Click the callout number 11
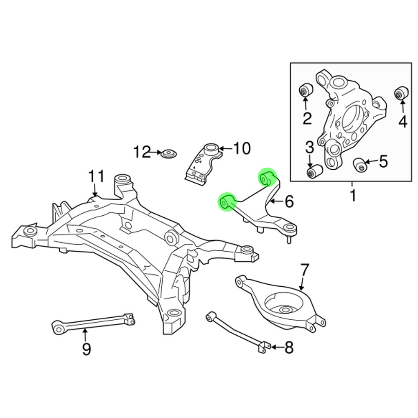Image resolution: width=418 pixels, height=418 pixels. [x=96, y=176]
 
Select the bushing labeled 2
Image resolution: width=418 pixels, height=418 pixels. [x=306, y=90]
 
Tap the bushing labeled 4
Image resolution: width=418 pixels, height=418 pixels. [x=402, y=92]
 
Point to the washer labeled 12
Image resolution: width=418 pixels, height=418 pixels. [x=169, y=154]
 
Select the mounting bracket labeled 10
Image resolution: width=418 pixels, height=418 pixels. [x=204, y=163]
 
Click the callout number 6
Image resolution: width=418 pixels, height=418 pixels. [x=289, y=202]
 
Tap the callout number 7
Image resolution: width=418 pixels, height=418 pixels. [x=303, y=271]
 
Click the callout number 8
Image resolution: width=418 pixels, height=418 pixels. [x=289, y=347]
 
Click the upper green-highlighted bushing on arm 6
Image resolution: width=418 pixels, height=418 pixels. [x=266, y=178]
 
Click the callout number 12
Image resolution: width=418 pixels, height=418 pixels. [x=142, y=152]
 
